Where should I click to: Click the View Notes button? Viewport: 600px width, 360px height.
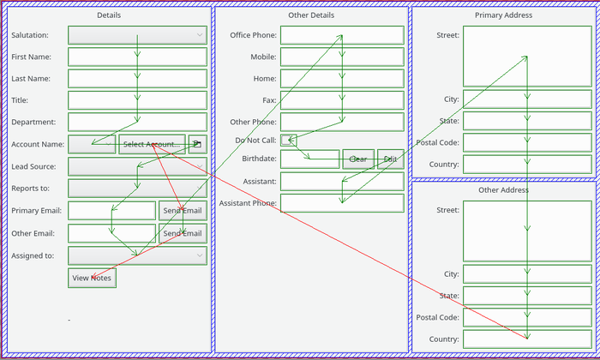92,278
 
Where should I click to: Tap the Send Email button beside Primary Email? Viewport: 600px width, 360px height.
183,211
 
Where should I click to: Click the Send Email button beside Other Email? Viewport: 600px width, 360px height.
183,233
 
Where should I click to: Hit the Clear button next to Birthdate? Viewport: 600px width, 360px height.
358,159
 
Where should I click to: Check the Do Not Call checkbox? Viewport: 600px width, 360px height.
288,141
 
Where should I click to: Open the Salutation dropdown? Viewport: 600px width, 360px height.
137,35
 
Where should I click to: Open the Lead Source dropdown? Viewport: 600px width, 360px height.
137,166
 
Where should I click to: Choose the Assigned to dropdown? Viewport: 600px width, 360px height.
137,255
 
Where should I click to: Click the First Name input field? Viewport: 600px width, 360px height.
137,57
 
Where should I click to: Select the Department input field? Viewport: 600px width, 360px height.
137,123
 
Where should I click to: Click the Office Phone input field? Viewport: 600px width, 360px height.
341,35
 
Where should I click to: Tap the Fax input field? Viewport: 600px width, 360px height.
341,100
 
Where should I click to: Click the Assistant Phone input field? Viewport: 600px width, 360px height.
341,203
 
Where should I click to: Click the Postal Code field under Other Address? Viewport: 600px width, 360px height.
527,317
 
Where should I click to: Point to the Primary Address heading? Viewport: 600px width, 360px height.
503,15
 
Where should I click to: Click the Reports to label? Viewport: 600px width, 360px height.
31,189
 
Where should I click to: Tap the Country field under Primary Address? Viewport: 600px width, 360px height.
527,165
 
